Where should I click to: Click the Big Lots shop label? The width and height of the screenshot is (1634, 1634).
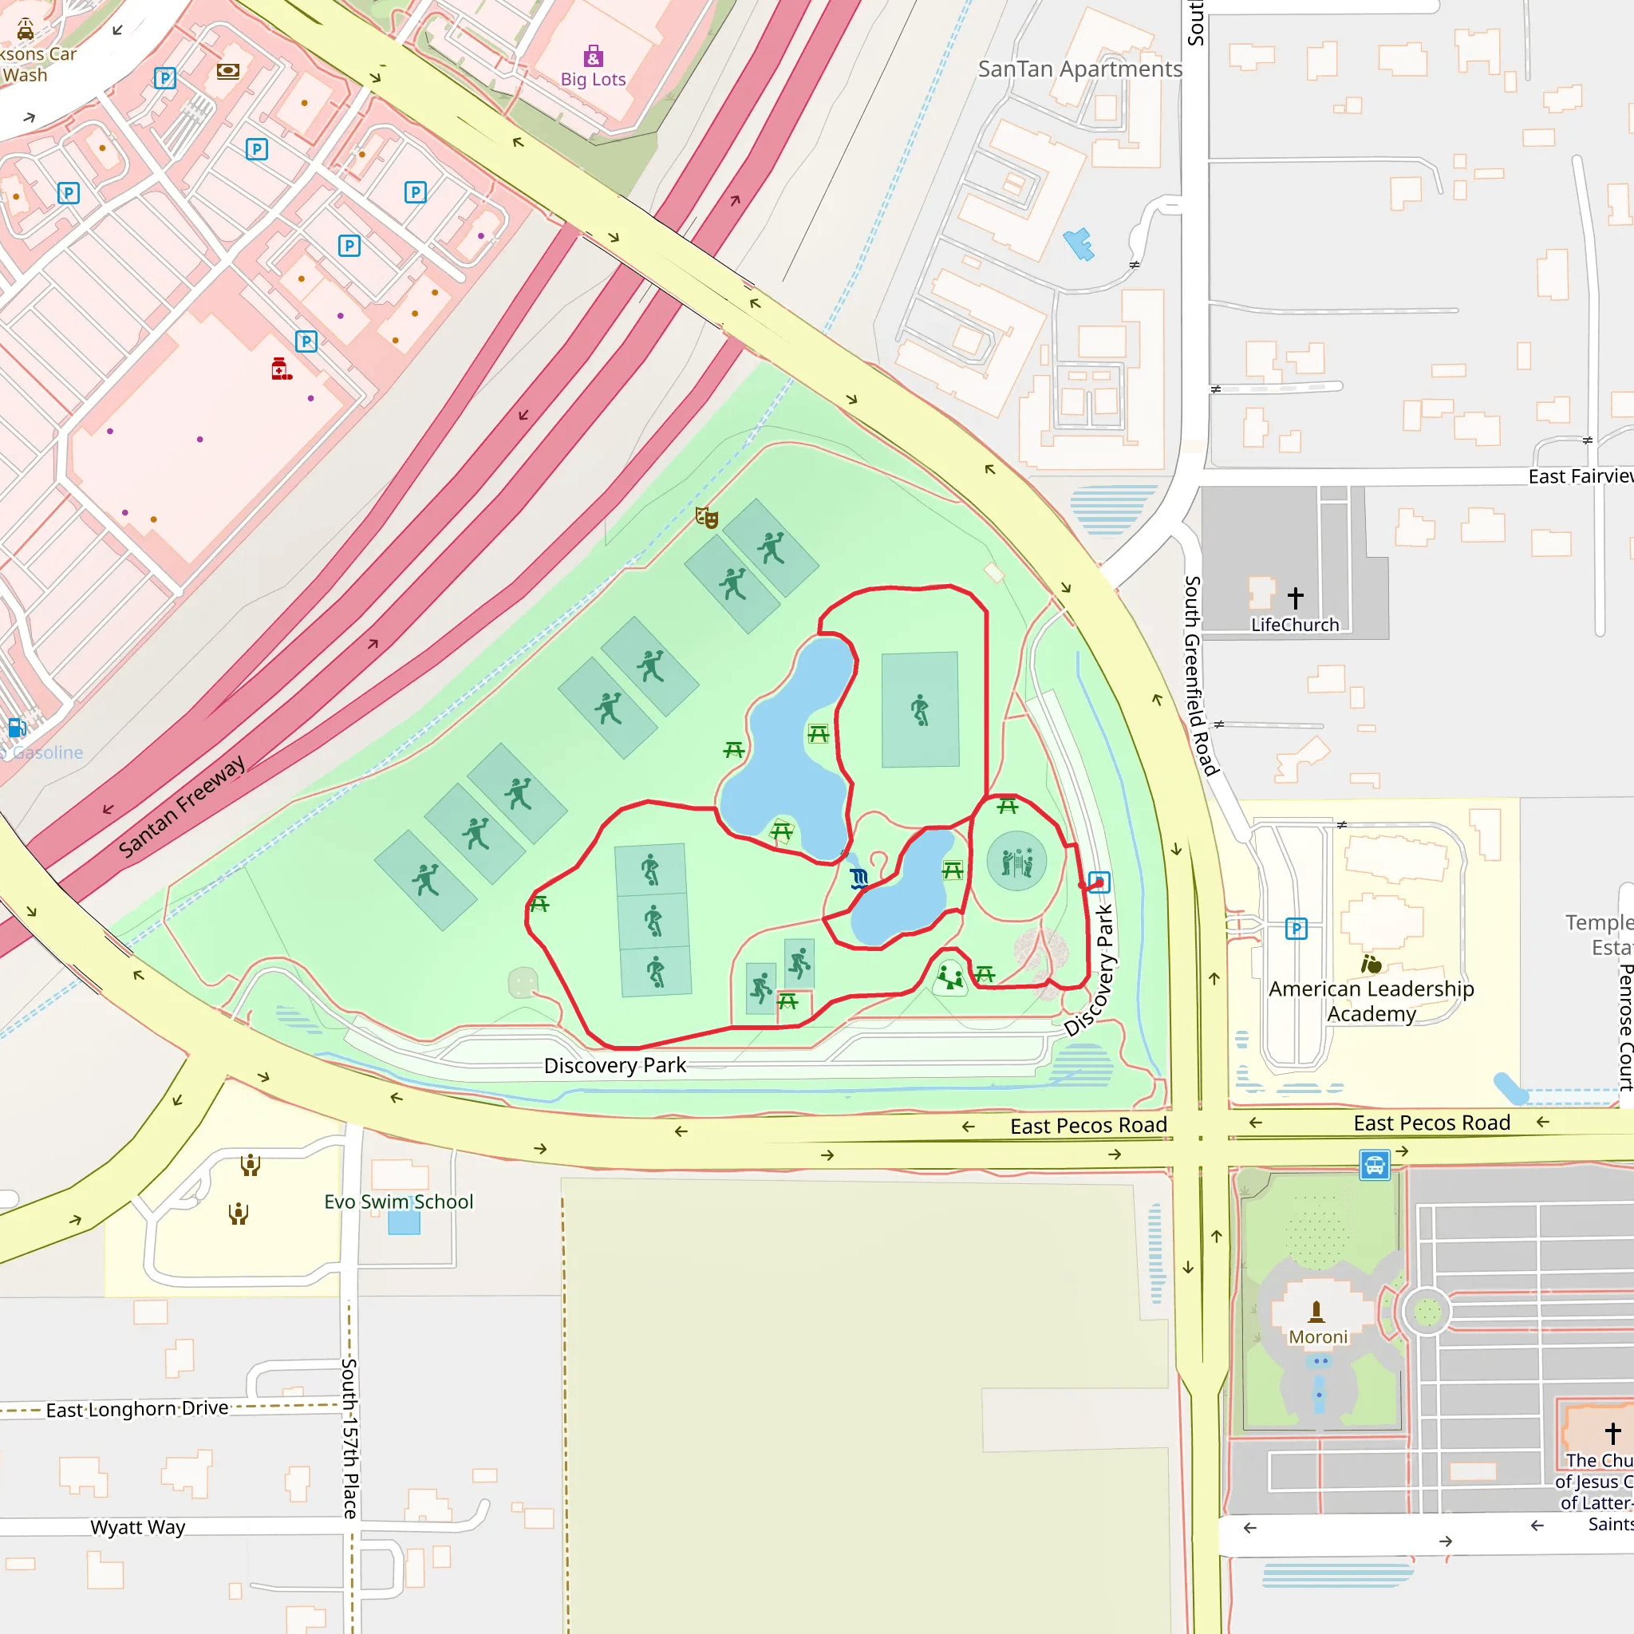(x=593, y=80)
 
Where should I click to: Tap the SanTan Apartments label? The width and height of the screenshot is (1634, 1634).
(x=1079, y=69)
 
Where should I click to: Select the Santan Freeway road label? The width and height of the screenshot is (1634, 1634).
(x=182, y=805)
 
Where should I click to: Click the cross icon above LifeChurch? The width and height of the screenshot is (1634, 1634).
(x=1295, y=598)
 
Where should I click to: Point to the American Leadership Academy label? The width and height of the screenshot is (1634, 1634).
(x=1371, y=1001)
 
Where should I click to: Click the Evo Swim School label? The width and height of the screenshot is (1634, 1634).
(x=398, y=1202)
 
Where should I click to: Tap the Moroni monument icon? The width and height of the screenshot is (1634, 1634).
(x=1316, y=1312)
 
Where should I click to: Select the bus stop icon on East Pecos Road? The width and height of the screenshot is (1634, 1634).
(x=1375, y=1166)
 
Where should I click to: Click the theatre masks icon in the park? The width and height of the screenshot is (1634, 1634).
(x=706, y=518)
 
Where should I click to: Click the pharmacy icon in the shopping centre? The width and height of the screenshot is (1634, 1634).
(x=281, y=369)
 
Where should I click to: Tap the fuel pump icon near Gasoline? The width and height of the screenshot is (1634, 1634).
(x=16, y=728)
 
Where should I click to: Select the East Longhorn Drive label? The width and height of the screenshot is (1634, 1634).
(x=137, y=1409)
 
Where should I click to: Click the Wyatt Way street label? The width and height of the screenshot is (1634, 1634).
(x=138, y=1526)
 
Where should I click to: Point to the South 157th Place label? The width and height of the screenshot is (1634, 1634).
(x=349, y=1438)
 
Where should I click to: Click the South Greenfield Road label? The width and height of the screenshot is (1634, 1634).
(x=1200, y=676)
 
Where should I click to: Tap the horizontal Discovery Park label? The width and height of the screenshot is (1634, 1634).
(x=615, y=1065)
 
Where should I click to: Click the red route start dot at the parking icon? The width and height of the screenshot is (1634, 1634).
(x=1099, y=883)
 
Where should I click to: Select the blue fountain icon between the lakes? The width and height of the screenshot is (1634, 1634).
(x=858, y=878)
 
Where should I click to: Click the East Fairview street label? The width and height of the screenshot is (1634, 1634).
(x=1579, y=476)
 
